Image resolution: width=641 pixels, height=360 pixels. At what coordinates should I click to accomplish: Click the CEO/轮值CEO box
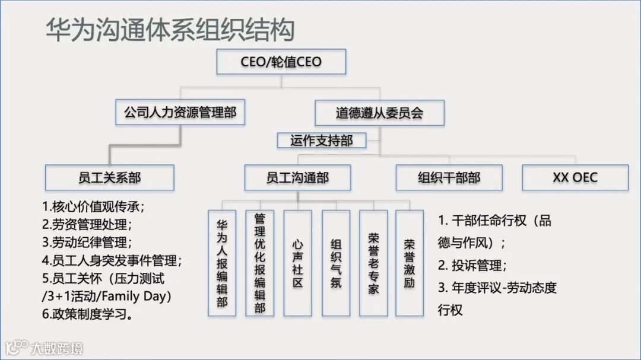pos(281,62)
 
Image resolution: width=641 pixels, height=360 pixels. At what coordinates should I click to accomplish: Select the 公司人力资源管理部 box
pos(180,113)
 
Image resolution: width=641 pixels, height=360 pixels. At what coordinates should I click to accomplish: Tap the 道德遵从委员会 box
pos(379,113)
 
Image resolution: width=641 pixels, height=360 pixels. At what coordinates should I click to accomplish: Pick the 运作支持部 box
pos(321,141)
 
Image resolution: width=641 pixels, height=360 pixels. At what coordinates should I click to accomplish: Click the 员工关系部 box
pos(110,177)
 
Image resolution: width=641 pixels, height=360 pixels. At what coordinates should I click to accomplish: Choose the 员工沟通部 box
pos(297,177)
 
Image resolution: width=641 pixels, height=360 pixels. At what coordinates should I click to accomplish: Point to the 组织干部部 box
pos(449,177)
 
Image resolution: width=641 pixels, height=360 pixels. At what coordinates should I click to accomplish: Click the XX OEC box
pos(575,177)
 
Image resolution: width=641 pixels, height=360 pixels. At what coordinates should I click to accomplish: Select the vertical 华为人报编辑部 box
pos(222,263)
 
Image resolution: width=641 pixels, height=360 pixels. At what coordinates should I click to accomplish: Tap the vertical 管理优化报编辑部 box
pos(259,263)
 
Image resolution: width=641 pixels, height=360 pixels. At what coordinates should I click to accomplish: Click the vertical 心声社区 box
pos(298,263)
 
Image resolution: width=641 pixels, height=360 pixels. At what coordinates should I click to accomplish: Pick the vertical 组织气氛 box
pos(336,263)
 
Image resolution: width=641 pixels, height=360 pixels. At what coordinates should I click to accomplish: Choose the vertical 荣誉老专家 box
pos(373,263)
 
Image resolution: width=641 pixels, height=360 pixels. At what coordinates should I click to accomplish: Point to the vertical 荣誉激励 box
pos(410,263)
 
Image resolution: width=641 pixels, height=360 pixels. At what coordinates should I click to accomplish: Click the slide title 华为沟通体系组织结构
pos(170,30)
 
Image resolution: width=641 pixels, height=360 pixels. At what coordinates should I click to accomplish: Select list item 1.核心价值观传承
pos(93,208)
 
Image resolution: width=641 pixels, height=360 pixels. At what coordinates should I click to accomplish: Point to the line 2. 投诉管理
pos(472,265)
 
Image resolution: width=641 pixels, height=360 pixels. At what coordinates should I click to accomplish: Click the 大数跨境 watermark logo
pos(45,347)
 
